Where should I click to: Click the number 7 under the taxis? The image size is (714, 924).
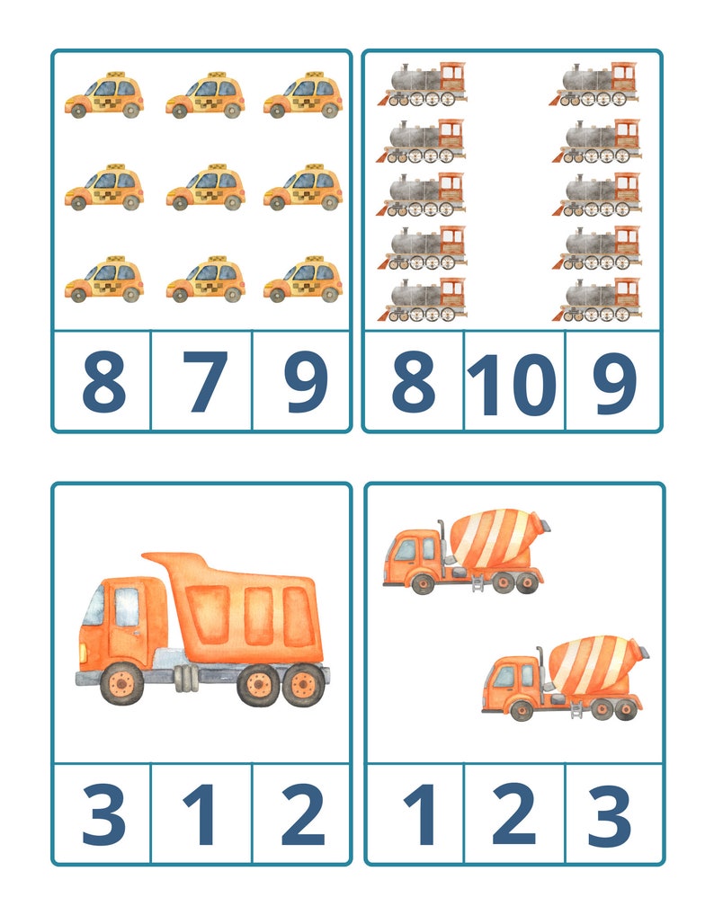(x=205, y=381)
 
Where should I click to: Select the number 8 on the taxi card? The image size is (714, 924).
(x=103, y=381)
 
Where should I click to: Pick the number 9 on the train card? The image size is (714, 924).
(x=614, y=383)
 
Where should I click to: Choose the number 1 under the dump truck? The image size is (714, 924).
(x=203, y=814)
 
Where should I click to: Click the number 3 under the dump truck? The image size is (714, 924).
(x=103, y=814)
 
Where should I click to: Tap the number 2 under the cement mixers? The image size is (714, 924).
(x=513, y=814)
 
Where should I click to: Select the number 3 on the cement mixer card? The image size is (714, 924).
(x=610, y=814)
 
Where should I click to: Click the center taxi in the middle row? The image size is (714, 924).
(x=205, y=187)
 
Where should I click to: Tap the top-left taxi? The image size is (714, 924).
(x=103, y=95)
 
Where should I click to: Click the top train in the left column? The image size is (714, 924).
(x=424, y=84)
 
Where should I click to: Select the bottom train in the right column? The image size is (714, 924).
(x=597, y=300)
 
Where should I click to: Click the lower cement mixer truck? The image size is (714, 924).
(x=565, y=678)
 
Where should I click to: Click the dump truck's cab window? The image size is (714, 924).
(x=127, y=606)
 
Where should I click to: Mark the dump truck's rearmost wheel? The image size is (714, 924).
(x=302, y=687)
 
